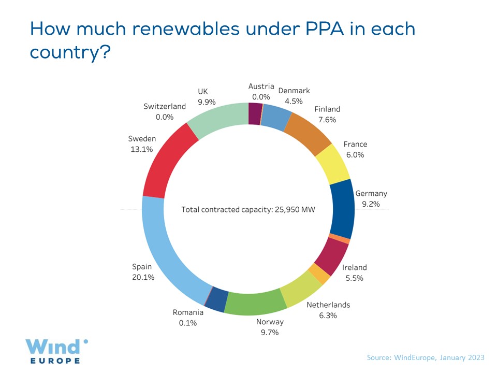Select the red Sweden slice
(x=165, y=161)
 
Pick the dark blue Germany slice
(x=342, y=207)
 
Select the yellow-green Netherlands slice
(x=300, y=288)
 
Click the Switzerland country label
(x=165, y=106)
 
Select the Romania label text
(x=188, y=312)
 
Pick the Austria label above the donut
(x=261, y=86)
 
